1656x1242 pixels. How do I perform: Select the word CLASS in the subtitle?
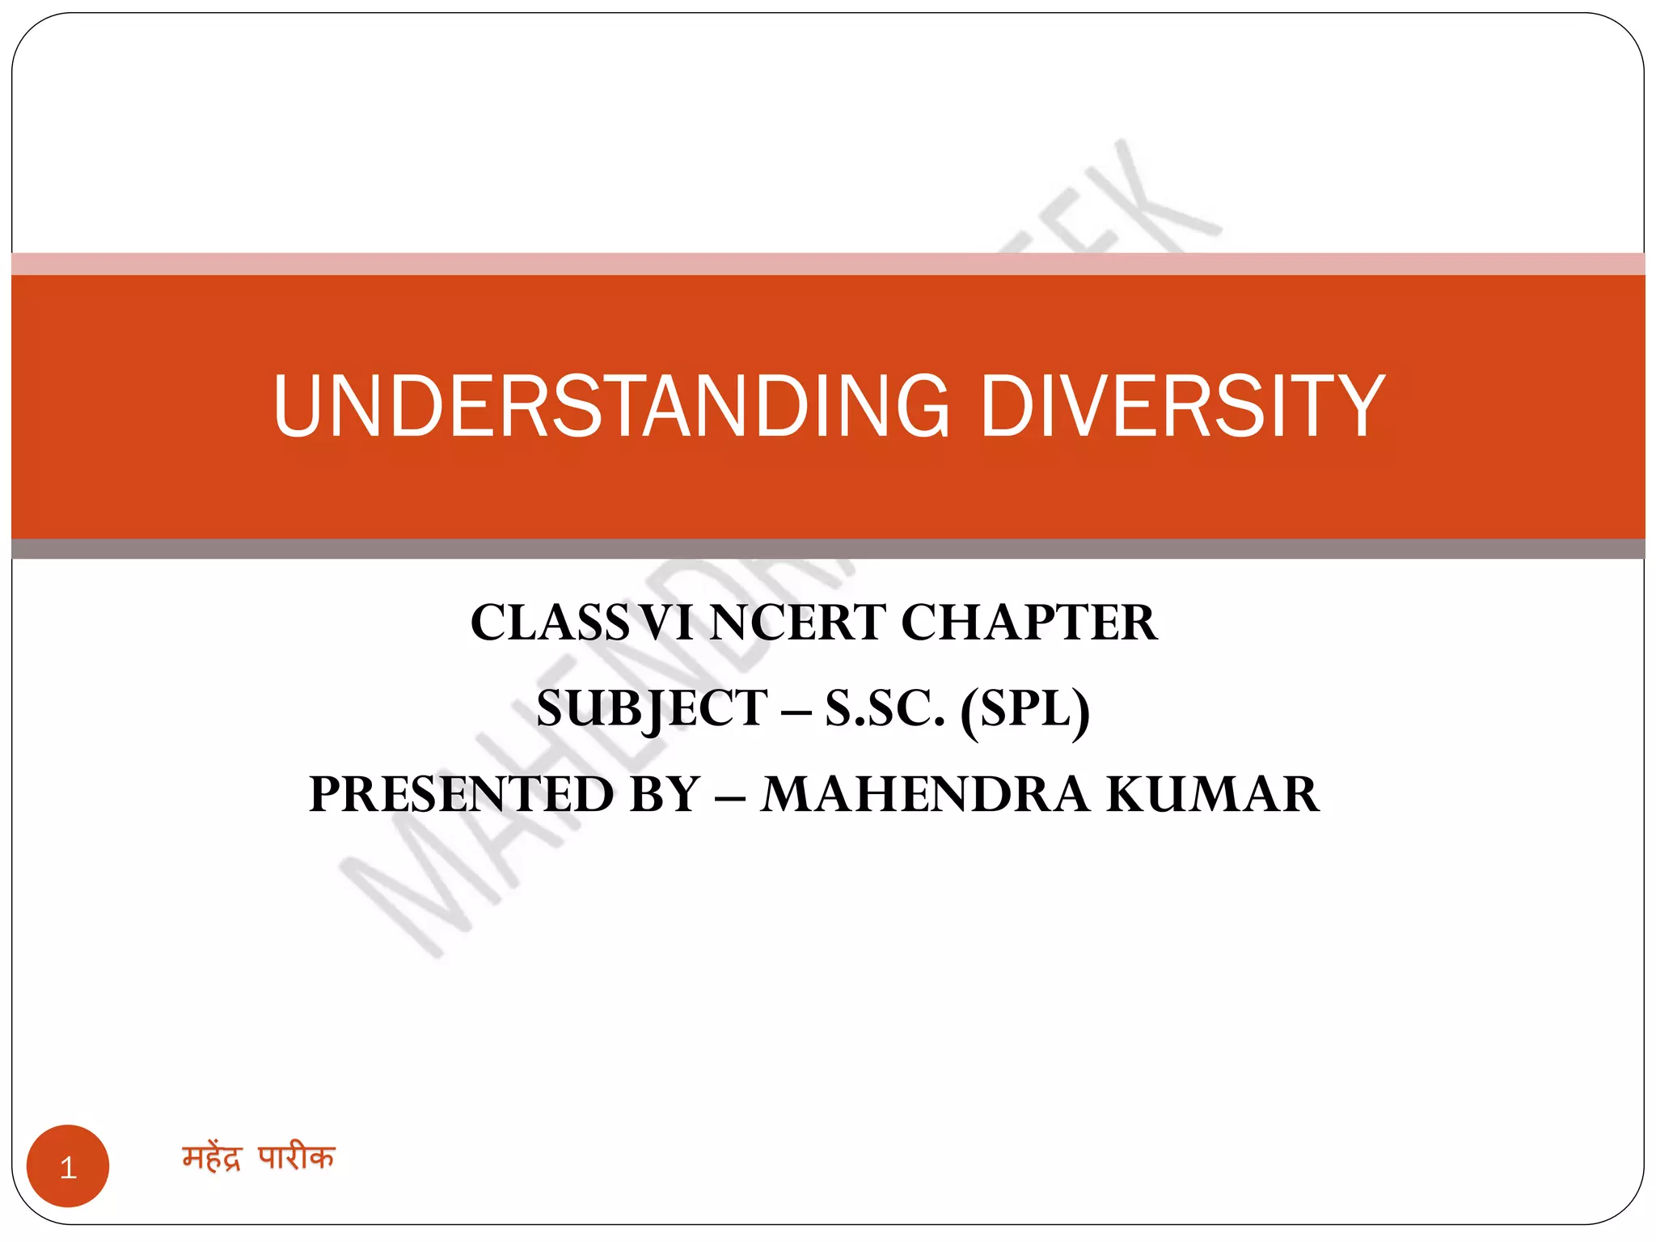549,623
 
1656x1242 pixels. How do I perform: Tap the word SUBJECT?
652,708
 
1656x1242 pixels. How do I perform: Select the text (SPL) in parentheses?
1024,710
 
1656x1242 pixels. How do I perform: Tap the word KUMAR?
1213,794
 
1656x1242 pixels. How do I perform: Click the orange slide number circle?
68,1166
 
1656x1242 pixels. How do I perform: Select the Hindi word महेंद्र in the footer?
212,1158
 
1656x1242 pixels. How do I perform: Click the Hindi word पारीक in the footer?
296,1158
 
